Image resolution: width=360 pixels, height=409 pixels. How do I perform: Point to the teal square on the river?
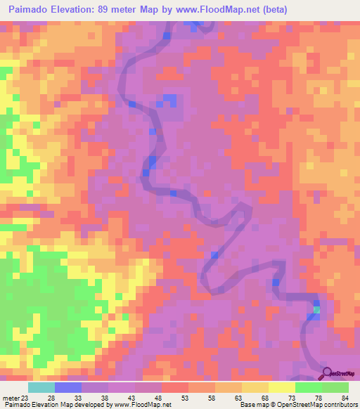316,309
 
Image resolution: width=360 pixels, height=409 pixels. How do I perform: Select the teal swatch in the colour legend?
41,387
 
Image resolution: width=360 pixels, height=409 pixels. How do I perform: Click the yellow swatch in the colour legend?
281,387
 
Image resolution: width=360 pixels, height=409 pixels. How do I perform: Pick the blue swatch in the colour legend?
68,387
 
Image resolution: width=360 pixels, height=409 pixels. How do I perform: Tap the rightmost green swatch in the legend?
335,387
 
